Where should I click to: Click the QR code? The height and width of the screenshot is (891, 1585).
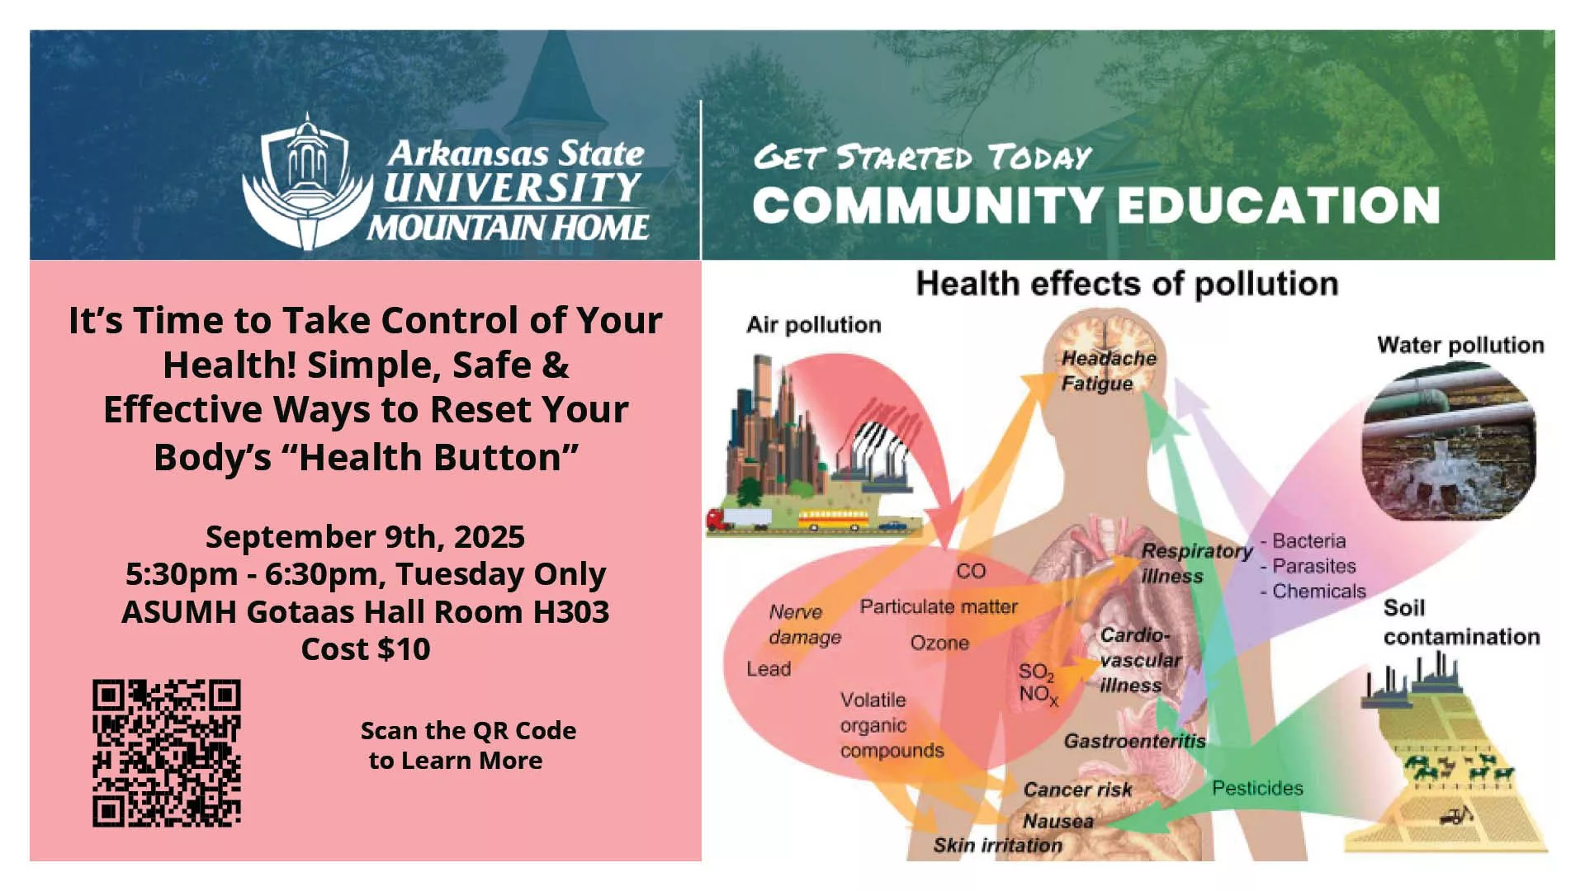(167, 752)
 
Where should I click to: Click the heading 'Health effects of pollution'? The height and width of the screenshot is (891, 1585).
(1127, 284)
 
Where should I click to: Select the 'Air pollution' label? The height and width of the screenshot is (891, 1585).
(813, 325)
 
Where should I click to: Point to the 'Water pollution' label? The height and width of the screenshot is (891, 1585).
(1460, 345)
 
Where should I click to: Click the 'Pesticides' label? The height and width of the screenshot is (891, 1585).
(1257, 788)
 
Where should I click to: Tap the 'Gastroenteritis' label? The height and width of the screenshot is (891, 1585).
(1134, 741)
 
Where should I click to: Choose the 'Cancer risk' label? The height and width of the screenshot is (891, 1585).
(1077, 790)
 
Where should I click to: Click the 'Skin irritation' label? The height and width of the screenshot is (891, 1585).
(997, 845)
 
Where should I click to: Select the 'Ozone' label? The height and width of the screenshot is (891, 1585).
(939, 643)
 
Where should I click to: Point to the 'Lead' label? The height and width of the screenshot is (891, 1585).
(769, 668)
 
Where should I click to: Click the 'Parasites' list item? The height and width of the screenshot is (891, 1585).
(1313, 566)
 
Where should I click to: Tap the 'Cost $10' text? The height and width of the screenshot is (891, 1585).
(365, 649)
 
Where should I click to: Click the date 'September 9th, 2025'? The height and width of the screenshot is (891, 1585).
(365, 537)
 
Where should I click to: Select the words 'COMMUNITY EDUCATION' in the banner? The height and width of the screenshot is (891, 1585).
(1096, 205)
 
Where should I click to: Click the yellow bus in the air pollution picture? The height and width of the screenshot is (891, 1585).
(833, 520)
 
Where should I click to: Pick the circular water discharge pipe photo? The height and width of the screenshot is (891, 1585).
(1450, 441)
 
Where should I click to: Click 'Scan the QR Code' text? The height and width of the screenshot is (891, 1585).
(468, 731)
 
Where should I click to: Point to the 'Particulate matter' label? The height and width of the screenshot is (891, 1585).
(939, 606)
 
